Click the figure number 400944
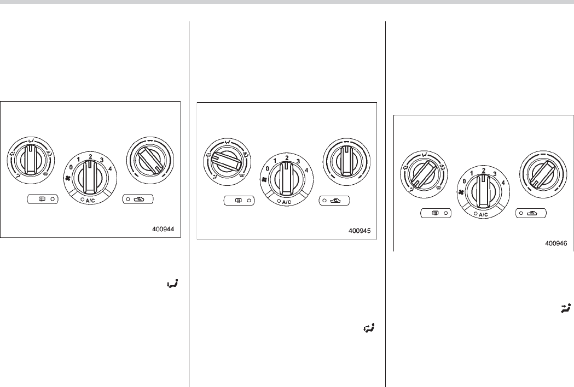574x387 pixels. pyautogui.click(x=163, y=230)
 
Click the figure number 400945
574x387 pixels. pyautogui.click(x=360, y=231)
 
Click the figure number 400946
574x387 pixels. pyautogui.click(x=556, y=243)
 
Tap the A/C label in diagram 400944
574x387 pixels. pyautogui.click(x=90, y=201)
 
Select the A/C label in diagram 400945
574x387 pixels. pyautogui.click(x=287, y=202)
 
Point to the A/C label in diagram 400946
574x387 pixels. pyautogui.click(x=483, y=215)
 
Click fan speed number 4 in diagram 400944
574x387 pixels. pyautogui.click(x=110, y=168)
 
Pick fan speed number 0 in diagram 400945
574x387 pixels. pyautogui.click(x=267, y=168)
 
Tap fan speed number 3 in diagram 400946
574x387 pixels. pyautogui.click(x=495, y=174)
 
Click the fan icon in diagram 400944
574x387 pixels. pyautogui.click(x=67, y=179)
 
